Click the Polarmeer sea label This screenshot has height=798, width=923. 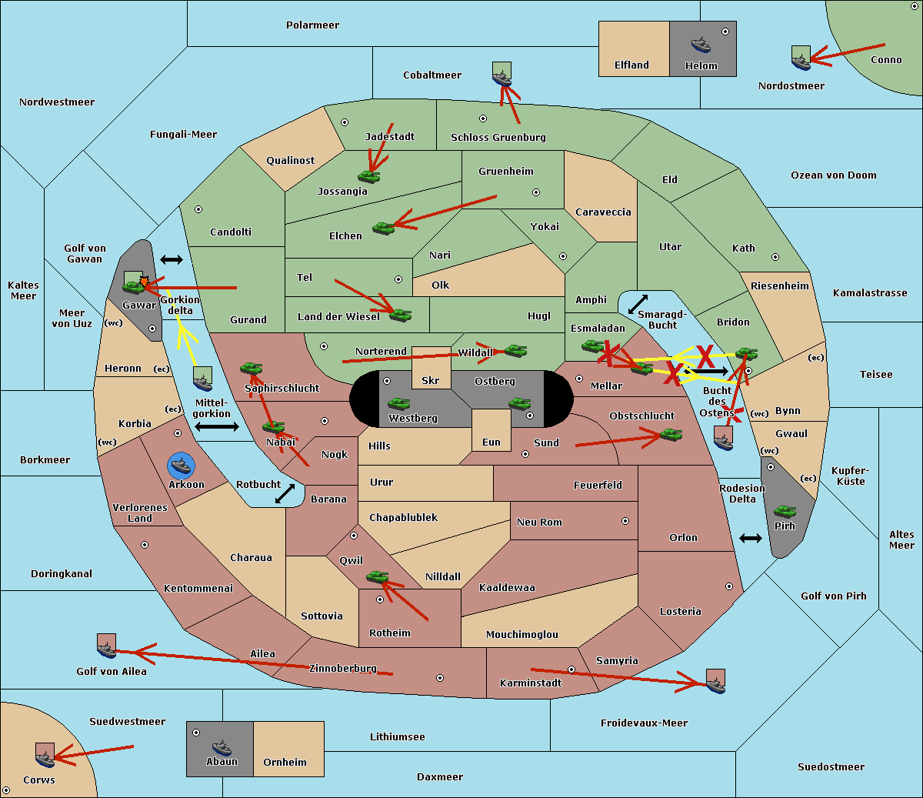point(312,25)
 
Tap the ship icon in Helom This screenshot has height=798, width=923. point(701,44)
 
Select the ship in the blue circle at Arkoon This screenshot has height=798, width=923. point(182,466)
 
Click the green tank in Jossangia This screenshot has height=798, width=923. point(369,176)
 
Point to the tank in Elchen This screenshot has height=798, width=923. point(383,228)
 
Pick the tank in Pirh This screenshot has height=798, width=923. point(785,512)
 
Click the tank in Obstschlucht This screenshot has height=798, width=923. point(671,435)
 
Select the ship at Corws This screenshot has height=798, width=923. point(45,756)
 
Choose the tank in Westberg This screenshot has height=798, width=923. point(398,403)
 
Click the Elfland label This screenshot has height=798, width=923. point(631,65)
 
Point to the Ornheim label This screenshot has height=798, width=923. point(285,763)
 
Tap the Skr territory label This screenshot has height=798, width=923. point(430,380)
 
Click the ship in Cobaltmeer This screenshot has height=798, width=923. point(501,75)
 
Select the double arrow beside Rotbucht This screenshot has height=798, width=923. point(285,493)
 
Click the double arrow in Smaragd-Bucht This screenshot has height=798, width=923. point(638,304)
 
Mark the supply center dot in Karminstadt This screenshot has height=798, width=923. point(571,669)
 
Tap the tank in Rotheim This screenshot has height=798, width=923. point(377,576)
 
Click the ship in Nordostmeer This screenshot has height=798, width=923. point(801,58)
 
